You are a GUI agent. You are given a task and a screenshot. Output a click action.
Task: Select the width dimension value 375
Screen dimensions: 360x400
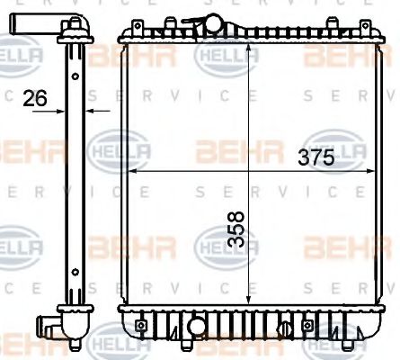point(316,157)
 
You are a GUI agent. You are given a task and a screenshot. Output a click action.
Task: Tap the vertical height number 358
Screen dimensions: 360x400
point(236,236)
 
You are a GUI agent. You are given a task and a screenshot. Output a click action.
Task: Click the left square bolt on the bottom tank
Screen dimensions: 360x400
point(140,323)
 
